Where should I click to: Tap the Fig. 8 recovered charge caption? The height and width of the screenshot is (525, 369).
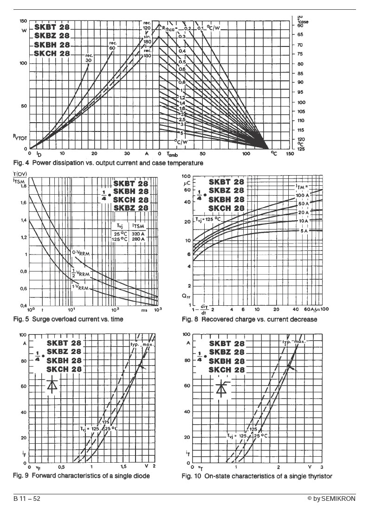[250, 320]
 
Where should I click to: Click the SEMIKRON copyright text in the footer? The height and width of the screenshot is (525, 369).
[331, 499]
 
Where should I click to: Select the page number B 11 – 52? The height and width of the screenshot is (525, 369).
[27, 499]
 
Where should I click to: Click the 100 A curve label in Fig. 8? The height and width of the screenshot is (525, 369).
[303, 196]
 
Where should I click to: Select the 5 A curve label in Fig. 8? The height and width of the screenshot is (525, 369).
[303, 231]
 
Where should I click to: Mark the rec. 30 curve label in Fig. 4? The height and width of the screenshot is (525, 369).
[90, 57]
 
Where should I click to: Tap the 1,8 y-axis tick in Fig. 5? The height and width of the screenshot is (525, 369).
[22, 186]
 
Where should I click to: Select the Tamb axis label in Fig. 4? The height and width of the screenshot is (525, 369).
[171, 154]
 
